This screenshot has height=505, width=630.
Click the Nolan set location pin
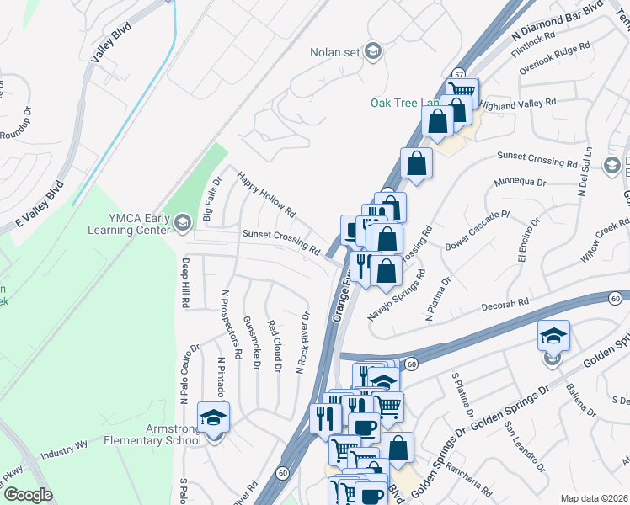tap(373, 52)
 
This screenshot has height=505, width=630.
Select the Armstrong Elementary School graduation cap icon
tap(213, 417)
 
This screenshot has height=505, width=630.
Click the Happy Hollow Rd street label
tap(266, 194)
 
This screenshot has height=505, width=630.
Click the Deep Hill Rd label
tap(184, 282)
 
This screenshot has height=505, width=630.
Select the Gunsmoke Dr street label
tap(250, 341)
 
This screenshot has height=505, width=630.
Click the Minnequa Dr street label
tap(521, 181)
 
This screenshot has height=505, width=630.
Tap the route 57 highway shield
tap(457, 74)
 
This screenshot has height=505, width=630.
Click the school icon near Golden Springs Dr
tap(553, 337)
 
